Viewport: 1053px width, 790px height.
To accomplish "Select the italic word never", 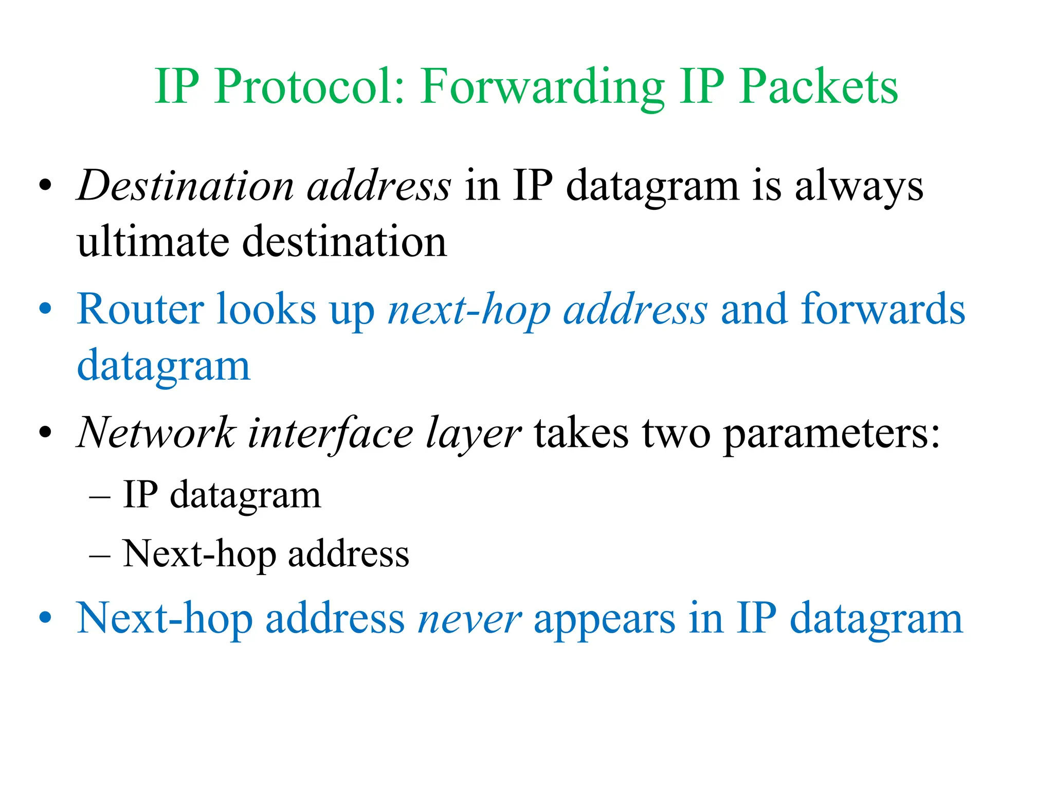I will (469, 619).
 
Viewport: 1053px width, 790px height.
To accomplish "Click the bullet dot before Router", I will (45, 309).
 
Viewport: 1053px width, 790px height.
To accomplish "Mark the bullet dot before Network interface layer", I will (45, 433).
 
